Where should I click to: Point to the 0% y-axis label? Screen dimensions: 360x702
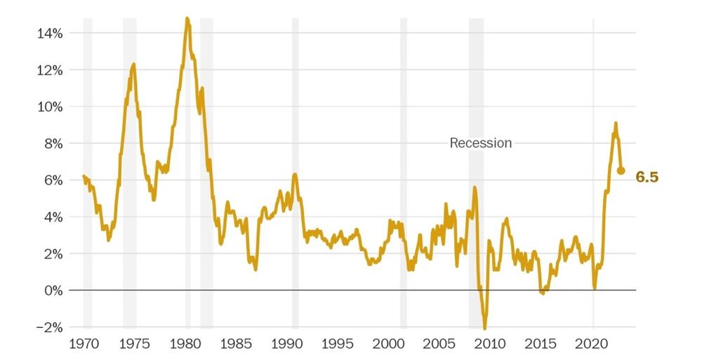tap(55, 291)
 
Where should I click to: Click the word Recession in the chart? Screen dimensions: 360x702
tap(480, 143)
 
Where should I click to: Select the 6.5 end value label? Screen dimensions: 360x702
tap(647, 178)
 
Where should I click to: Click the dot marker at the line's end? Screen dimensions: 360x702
tap(621, 171)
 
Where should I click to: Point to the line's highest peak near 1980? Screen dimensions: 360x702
tap(187, 19)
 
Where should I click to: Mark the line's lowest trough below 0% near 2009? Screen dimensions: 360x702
tap(484, 327)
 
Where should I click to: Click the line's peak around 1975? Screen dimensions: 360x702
tap(133, 65)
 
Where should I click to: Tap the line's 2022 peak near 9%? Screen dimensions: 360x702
tap(616, 124)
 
